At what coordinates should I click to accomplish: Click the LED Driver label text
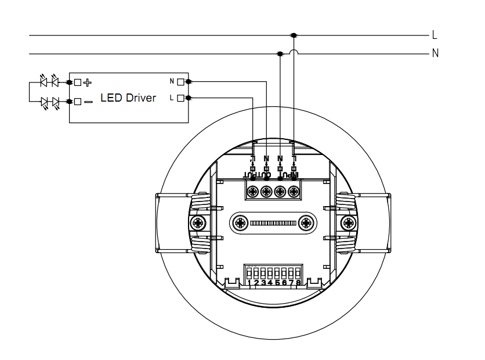click(x=128, y=98)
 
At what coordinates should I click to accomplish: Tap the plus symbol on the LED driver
click(x=88, y=82)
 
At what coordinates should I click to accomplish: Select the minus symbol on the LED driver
click(x=88, y=102)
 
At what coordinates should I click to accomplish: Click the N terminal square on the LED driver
click(x=180, y=82)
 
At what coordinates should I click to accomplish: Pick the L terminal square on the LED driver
click(x=180, y=98)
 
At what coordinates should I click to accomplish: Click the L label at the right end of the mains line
click(x=434, y=35)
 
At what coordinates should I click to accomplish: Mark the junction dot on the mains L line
click(x=294, y=35)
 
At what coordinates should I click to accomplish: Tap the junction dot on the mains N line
click(x=280, y=54)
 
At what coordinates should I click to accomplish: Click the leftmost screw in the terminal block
click(x=253, y=191)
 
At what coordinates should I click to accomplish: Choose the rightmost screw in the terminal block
click(x=294, y=191)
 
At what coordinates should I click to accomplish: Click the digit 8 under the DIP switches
click(x=298, y=283)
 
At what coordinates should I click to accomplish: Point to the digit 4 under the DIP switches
click(x=270, y=283)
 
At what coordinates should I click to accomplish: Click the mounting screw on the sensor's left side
click(x=197, y=222)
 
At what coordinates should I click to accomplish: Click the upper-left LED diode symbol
click(x=44, y=82)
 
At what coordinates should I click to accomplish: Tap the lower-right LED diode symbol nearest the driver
click(x=56, y=102)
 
